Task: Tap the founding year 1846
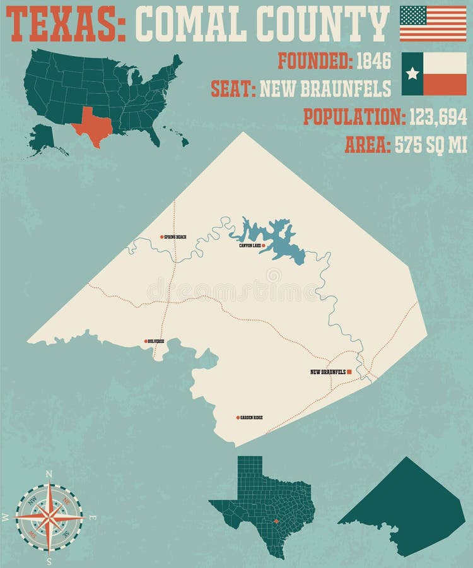pyautogui.click(x=374, y=61)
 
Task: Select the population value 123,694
pyautogui.click(x=438, y=117)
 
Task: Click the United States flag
pyautogui.click(x=433, y=23)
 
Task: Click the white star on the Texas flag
pyautogui.click(x=412, y=74)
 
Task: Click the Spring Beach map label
pyautogui.click(x=175, y=237)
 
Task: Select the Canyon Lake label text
pyautogui.click(x=250, y=246)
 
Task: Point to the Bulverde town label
pyautogui.click(x=156, y=341)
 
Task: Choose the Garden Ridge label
pyautogui.click(x=251, y=417)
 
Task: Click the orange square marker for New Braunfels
pyautogui.click(x=350, y=372)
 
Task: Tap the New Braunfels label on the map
pyautogui.click(x=327, y=372)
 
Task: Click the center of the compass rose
pyautogui.click(x=49, y=516)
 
